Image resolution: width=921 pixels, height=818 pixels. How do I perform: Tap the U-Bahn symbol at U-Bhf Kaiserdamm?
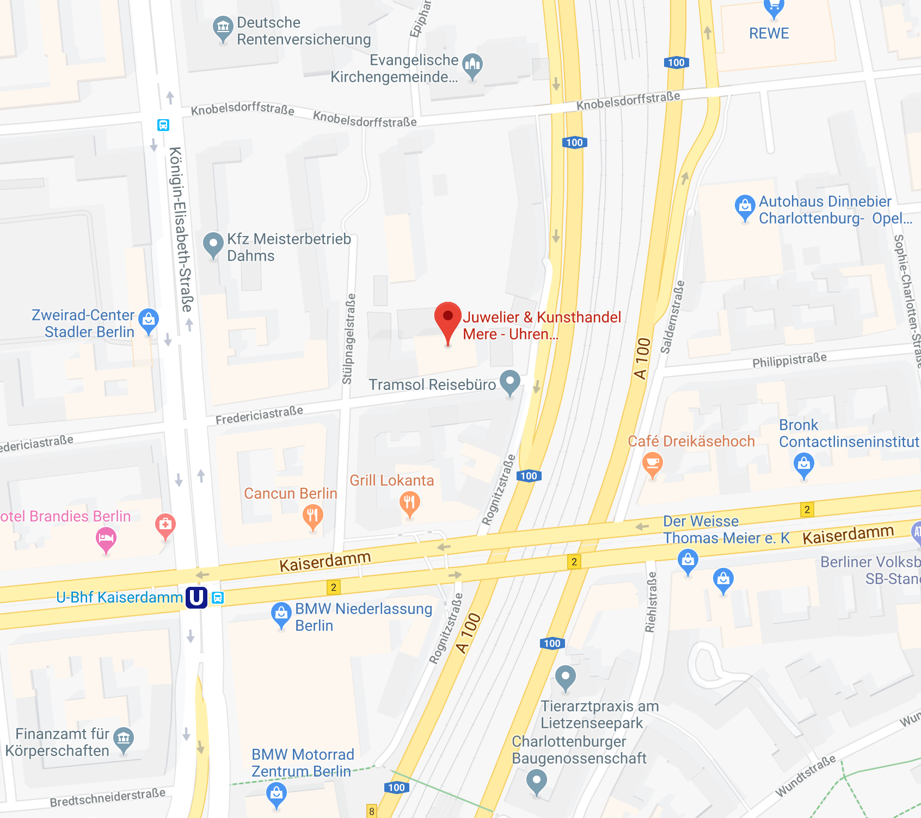point(197,597)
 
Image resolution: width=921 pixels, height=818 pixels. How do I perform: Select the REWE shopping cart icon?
point(774,7)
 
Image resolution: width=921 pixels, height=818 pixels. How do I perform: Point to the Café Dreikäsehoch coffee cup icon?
point(653,464)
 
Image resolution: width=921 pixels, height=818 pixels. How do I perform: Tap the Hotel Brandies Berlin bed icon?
point(106,540)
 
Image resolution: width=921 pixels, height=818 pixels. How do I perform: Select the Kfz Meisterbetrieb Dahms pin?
point(213,244)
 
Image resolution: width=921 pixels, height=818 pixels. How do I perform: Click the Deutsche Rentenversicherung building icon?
point(223,27)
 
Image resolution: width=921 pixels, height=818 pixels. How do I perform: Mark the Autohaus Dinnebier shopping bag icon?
point(745,206)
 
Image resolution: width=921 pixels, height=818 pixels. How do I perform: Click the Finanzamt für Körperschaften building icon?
point(124,738)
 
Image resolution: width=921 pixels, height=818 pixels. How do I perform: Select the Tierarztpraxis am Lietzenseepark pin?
point(566,677)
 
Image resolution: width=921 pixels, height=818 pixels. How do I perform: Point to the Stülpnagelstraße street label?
point(349,339)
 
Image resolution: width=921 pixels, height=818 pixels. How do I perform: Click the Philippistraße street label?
point(789,360)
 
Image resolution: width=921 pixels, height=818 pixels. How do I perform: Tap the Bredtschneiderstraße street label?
point(108,798)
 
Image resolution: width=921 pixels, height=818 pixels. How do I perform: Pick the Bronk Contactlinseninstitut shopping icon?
point(804,464)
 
